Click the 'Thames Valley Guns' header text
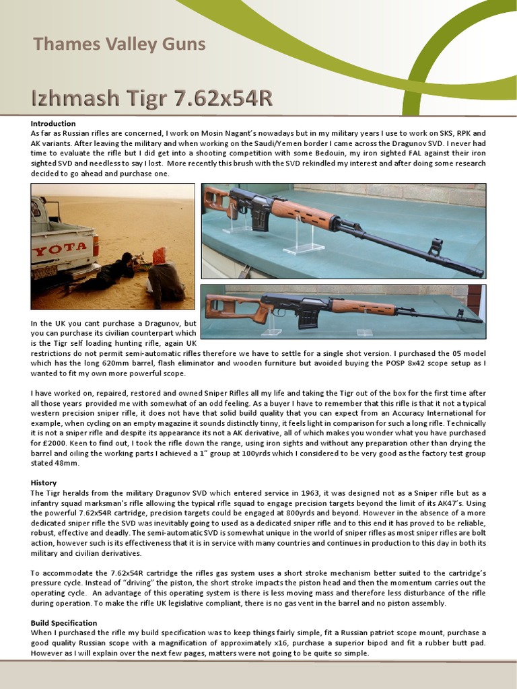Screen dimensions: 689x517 [x=119, y=45]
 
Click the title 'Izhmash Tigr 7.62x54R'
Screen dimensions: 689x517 [x=152, y=98]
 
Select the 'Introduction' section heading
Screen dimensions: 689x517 [x=53, y=124]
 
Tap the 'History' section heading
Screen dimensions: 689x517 [x=44, y=483]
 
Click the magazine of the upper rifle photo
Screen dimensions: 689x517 [x=259, y=219]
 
